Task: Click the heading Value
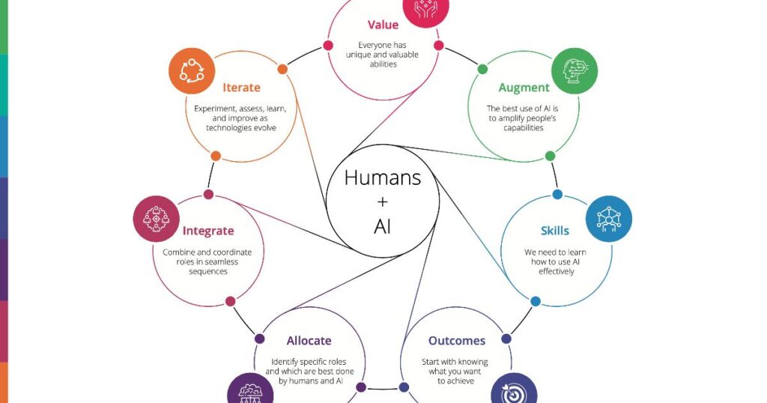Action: click(x=383, y=25)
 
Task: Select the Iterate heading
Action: click(x=241, y=88)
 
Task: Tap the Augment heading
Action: click(x=524, y=88)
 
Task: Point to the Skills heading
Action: click(x=555, y=231)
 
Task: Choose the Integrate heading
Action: click(x=208, y=231)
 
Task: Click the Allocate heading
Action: click(x=309, y=340)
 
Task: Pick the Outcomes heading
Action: click(x=457, y=340)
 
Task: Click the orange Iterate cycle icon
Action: click(x=192, y=71)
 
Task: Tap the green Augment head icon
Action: click(x=575, y=71)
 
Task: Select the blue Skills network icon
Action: click(x=609, y=219)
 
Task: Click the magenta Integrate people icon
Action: click(x=156, y=219)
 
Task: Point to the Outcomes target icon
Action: click(x=514, y=390)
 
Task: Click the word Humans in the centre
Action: click(x=383, y=178)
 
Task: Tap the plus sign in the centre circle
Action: click(x=383, y=201)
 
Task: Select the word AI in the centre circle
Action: click(x=383, y=226)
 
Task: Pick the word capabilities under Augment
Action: click(x=524, y=128)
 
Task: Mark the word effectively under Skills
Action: click(x=557, y=271)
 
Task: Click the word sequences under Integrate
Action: click(x=208, y=272)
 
